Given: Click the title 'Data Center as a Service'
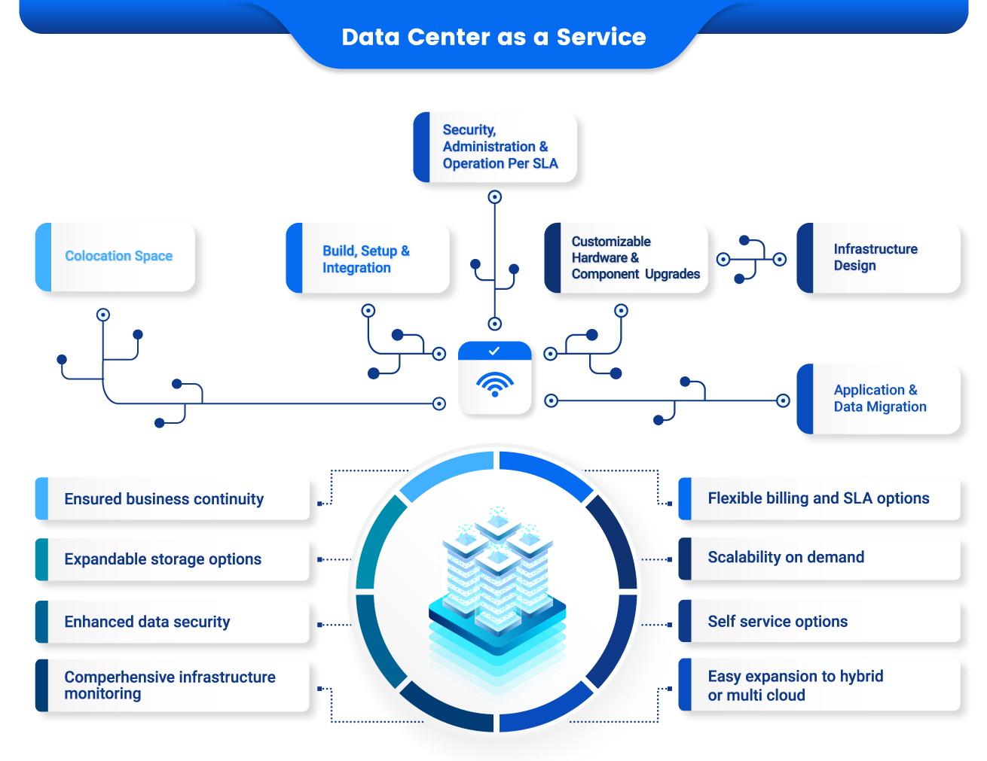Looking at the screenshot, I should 494,37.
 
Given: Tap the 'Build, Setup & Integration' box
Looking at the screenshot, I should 368,258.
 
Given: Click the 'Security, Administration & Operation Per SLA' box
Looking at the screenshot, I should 495,147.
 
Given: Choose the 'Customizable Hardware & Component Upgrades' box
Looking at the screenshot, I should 626,258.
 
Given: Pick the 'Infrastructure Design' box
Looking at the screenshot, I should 879,257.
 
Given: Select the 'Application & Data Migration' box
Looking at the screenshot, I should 879,398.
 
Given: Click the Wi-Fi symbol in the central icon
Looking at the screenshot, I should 495,384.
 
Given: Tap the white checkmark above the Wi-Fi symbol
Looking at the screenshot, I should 494,351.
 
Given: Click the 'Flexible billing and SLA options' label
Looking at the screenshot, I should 819,498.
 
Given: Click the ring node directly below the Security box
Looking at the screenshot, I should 495,197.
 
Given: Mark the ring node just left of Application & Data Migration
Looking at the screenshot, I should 783,400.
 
